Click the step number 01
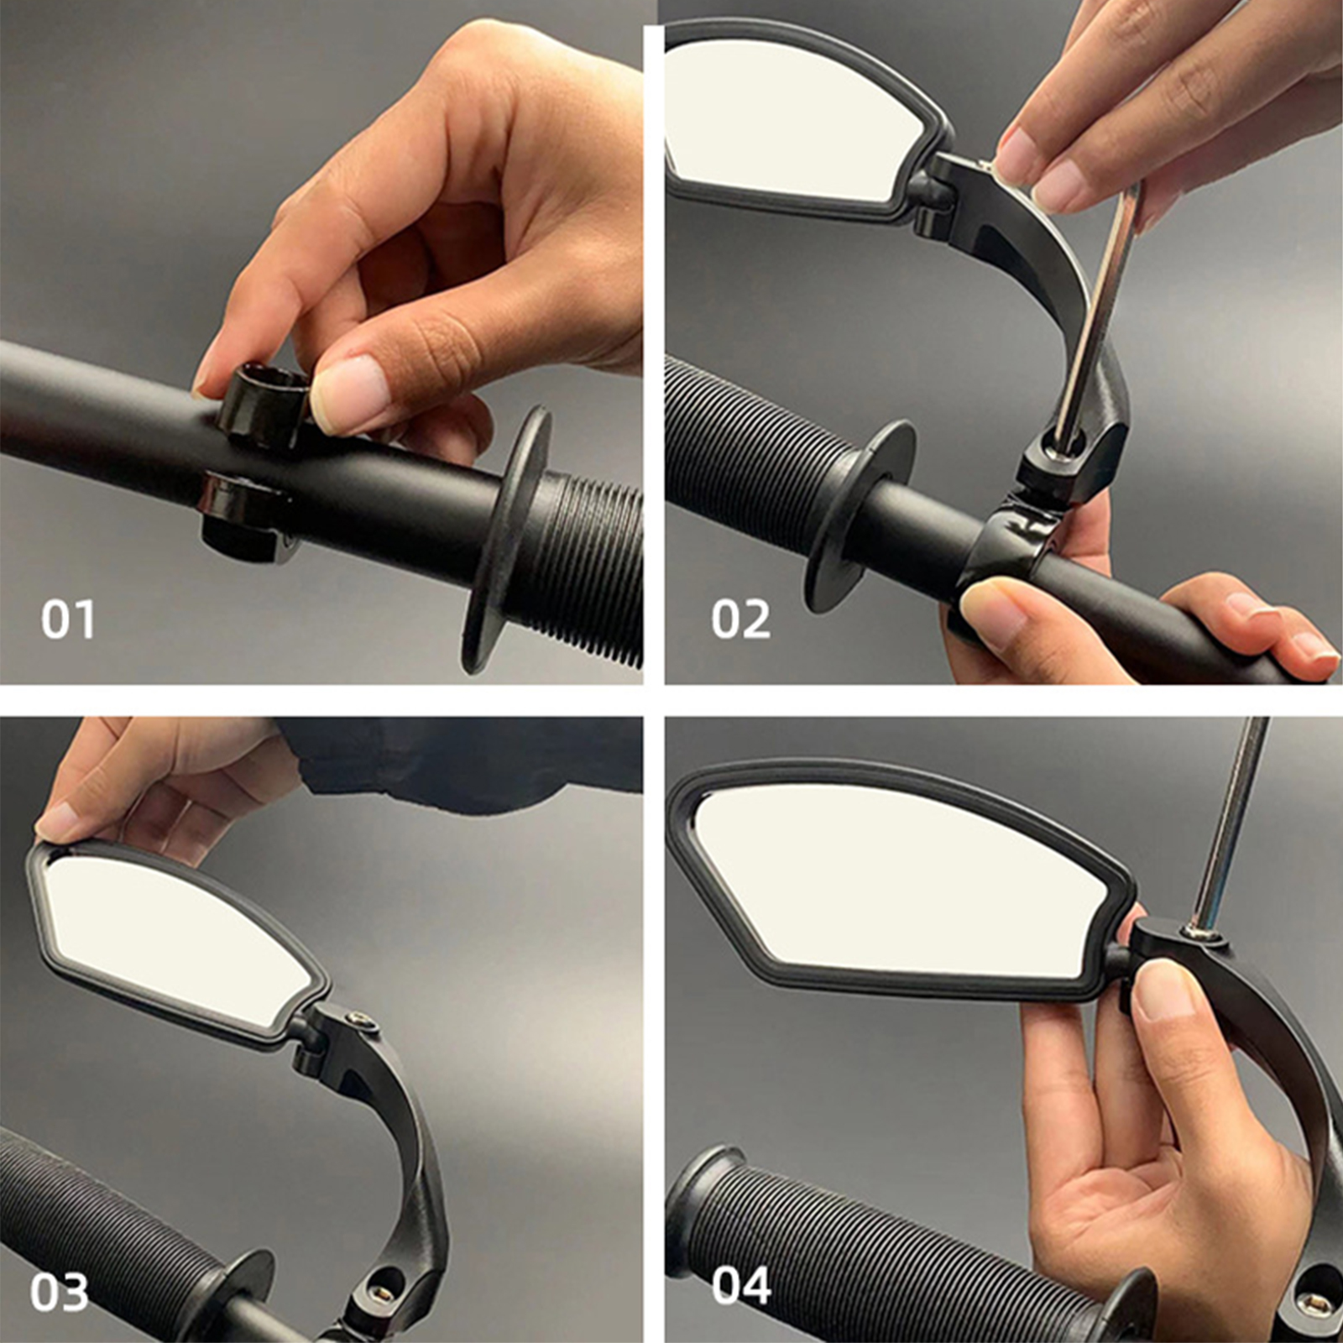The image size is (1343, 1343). pyautogui.click(x=68, y=619)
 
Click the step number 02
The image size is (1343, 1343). pyautogui.click(x=740, y=619)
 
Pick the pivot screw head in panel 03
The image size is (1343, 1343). pyautogui.click(x=359, y=1020)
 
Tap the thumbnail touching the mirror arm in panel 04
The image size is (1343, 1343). pyautogui.click(x=1163, y=990)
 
